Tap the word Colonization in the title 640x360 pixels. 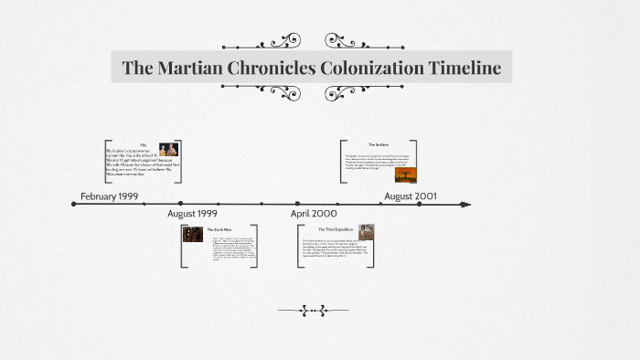coord(366,68)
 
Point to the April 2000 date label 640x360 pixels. coord(314,214)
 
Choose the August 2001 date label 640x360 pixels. coord(411,196)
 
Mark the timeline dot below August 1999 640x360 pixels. coord(180,203)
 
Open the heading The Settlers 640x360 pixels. coord(379,145)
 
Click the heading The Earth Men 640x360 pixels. coord(219,228)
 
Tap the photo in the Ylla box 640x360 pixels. coord(168,150)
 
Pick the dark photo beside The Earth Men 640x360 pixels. coord(193,234)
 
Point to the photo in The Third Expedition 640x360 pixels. coord(366,232)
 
